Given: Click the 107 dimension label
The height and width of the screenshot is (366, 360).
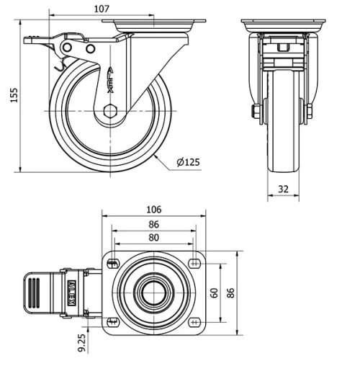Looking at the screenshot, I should pos(101,9).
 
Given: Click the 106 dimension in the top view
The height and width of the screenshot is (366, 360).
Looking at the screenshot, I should pos(153,210).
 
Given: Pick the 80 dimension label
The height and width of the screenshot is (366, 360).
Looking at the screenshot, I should pos(153,237).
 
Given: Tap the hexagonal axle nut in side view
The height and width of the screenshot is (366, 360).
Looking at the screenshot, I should pos(109,110).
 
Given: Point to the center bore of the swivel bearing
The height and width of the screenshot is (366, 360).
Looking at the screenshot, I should pos(153,292).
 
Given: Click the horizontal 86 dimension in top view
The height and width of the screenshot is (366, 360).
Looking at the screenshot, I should pos(153,224).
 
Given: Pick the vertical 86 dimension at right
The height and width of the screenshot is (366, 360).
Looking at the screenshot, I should pos(230,293).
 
